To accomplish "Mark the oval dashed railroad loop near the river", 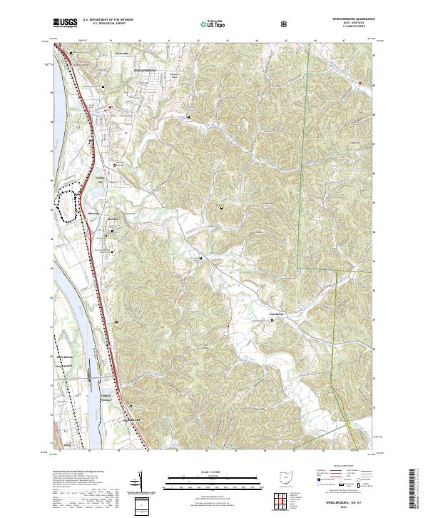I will click(x=69, y=204).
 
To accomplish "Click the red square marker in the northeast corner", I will click(x=360, y=84).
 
